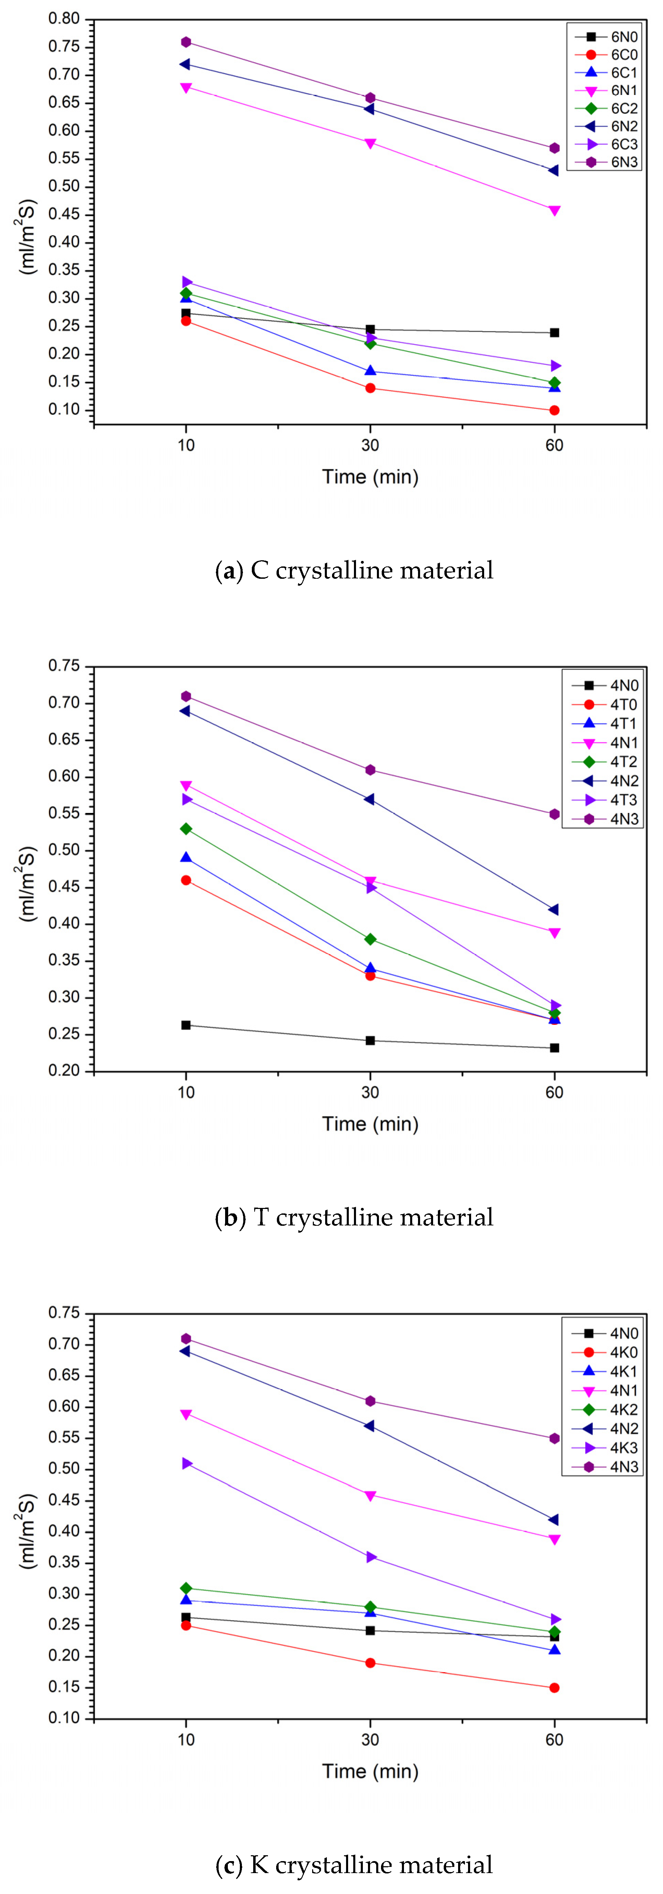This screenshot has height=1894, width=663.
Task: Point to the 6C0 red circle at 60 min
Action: point(554,410)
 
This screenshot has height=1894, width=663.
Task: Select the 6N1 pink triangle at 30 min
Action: point(370,143)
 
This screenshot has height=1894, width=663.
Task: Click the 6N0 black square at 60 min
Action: point(554,332)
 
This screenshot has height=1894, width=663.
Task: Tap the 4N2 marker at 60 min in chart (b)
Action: point(554,910)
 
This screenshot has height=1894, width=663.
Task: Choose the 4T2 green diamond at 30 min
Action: point(370,939)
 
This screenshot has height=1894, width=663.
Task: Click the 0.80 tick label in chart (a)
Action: point(64,19)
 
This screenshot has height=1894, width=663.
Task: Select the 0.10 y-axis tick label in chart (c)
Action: point(64,1718)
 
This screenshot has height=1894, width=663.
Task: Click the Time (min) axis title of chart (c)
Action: point(370,1771)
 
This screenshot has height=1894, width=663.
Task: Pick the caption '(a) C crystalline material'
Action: point(354,571)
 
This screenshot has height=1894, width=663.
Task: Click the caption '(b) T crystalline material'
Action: point(354,1218)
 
